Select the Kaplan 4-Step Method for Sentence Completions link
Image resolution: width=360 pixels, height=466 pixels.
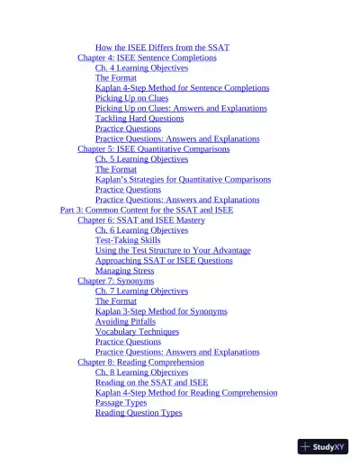pos(182,88)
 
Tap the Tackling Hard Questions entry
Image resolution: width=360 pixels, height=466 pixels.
pos(139,119)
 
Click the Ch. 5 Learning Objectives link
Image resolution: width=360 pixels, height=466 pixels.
pos(141,159)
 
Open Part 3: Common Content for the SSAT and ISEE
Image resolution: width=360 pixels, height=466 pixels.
pos(147,210)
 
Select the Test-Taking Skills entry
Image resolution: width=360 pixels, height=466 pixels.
pos(128,240)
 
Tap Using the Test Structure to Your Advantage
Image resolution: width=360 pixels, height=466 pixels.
pos(173,250)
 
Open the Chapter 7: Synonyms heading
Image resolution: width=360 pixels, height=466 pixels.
pos(116,281)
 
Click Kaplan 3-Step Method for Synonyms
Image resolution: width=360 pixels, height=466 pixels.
pos(161,311)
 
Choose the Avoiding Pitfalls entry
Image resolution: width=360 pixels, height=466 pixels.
pos(125,321)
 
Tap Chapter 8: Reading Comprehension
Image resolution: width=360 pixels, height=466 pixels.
pos(140,363)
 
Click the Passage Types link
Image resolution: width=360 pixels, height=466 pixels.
pos(121,403)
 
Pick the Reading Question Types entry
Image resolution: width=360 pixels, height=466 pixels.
pos(139,413)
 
